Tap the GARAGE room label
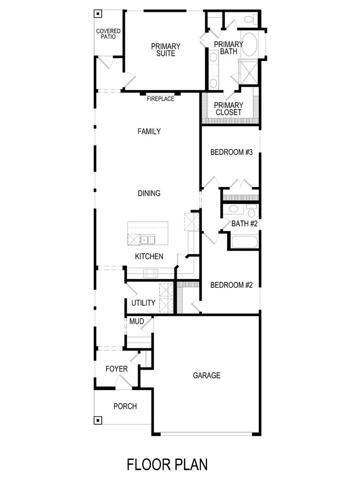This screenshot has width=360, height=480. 207,375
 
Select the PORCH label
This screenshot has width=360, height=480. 125,406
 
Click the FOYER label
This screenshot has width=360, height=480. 117,369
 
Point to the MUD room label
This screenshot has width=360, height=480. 136,322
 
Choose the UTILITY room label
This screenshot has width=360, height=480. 143,303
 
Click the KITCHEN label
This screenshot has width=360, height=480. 149,256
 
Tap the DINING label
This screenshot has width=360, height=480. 149,193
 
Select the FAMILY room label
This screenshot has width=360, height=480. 149,131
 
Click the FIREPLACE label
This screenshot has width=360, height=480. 160,99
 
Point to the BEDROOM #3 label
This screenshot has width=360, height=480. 232,152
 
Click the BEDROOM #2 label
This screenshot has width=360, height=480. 232,285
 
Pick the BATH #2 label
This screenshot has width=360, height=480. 244,223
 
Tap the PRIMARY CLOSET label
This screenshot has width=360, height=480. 229,109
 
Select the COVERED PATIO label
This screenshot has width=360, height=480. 108,34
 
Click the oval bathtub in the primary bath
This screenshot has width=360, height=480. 249,45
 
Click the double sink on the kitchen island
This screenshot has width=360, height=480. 148,240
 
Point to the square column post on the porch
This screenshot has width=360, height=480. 97,421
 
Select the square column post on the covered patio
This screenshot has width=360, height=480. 97,13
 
